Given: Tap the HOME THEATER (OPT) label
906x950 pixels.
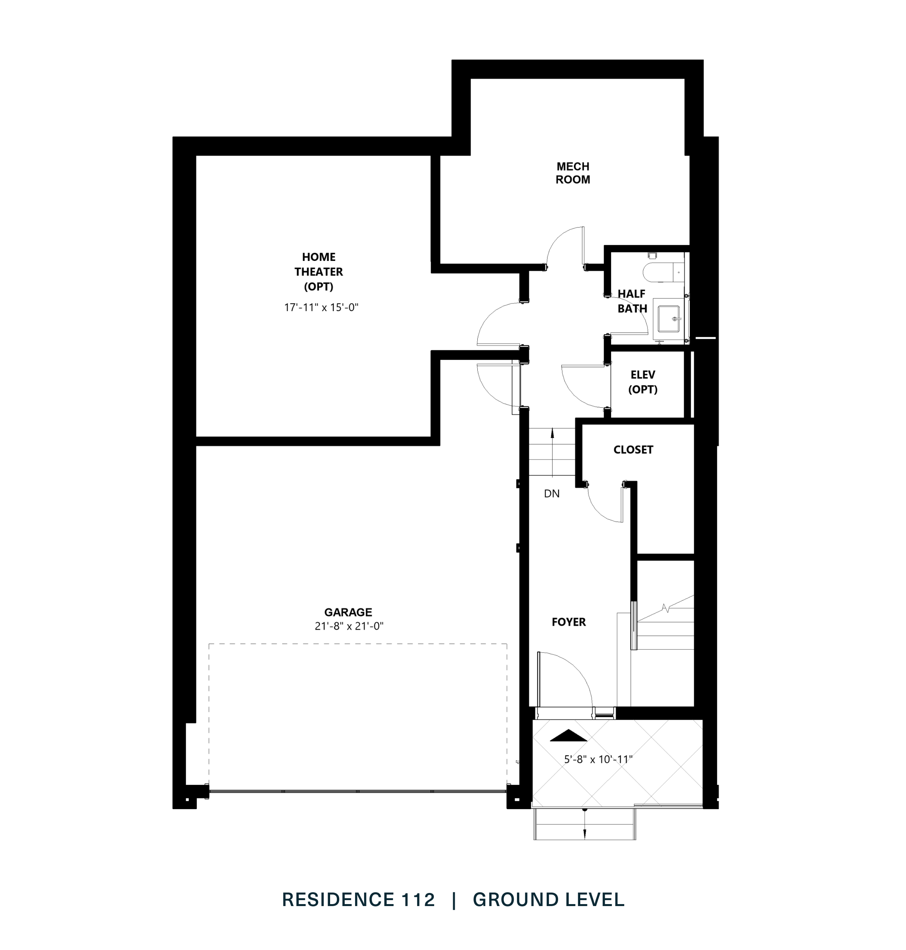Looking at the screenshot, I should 318,272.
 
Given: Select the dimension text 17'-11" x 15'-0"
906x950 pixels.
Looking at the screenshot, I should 321,307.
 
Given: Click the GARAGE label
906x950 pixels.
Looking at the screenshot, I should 348,612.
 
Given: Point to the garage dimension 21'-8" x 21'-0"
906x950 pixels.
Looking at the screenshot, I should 349,626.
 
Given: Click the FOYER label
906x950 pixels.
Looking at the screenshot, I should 568,622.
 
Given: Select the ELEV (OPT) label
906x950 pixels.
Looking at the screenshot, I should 642,382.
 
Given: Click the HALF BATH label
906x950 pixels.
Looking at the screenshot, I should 632,301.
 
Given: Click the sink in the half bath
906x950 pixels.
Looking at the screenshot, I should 669,319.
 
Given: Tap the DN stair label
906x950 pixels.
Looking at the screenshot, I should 551,494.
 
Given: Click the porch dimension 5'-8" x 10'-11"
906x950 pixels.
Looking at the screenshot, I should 598,759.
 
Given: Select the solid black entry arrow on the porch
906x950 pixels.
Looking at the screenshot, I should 568,735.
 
